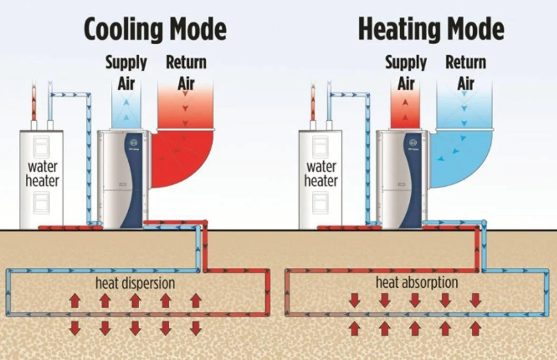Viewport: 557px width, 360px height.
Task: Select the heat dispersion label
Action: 135,283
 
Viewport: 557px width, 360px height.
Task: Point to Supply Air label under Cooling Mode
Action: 126,73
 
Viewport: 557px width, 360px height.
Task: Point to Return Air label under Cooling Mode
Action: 186,73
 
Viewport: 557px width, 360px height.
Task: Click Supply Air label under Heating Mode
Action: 406,73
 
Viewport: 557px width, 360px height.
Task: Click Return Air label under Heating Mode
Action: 466,73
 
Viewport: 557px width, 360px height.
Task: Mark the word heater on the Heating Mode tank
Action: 321,181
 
